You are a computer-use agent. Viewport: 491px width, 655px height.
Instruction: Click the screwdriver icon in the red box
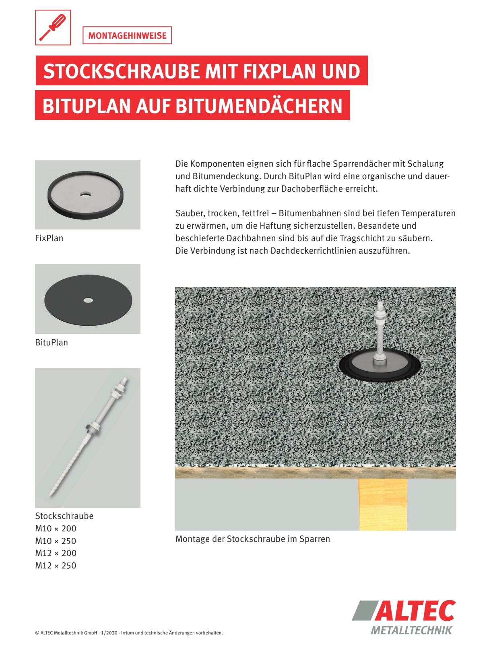(53, 27)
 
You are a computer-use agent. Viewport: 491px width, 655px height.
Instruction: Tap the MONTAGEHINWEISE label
(127, 35)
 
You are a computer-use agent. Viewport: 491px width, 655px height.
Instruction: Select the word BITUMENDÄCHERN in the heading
(259, 105)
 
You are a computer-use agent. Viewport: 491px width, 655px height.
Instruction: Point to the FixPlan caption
(49, 238)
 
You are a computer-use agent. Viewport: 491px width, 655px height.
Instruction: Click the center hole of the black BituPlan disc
(87, 300)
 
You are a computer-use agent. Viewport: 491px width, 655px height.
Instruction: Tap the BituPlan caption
(52, 343)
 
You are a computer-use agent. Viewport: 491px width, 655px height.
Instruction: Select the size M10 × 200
(56, 529)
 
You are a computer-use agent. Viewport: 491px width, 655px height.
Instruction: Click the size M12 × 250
(56, 566)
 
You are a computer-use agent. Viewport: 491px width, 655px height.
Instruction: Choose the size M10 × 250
(56, 541)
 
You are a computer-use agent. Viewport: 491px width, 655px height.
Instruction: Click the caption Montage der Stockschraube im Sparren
(253, 539)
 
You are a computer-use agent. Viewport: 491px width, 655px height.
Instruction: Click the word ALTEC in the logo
(417, 610)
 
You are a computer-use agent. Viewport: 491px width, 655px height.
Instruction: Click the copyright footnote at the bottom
(129, 633)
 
